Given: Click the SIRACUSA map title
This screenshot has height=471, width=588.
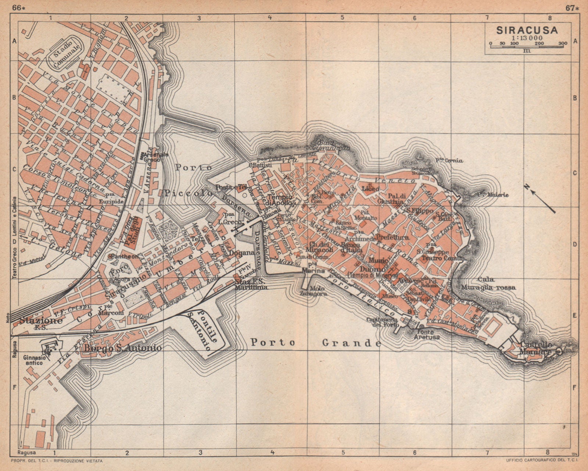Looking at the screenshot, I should (527, 30).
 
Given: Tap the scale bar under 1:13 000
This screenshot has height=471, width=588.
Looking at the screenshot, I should (527, 44).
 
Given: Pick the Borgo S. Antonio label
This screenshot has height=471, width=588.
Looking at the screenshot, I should (123, 347).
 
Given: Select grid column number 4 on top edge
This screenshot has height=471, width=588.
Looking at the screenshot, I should (270, 17).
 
